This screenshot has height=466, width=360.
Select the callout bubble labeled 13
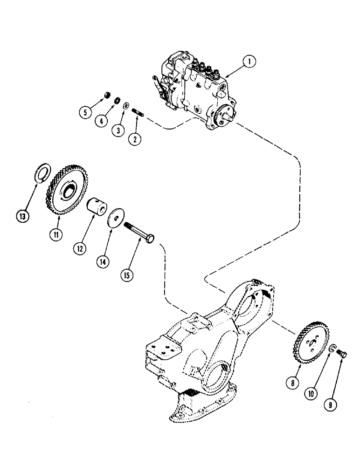tap(22, 216)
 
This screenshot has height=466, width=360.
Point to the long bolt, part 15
tap(139, 233)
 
